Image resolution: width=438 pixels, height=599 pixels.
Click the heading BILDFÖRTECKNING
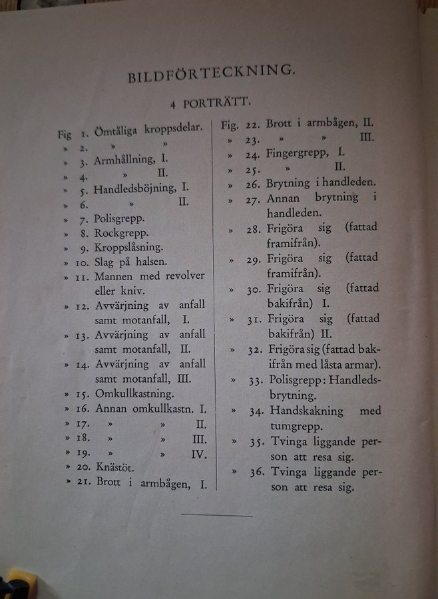pyautogui.click(x=211, y=73)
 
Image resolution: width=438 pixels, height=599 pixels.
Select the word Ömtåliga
pyautogui.click(x=117, y=129)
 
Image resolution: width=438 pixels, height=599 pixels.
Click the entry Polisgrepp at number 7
pyautogui.click(x=119, y=218)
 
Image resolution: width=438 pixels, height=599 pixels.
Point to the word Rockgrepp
pyautogui.click(x=121, y=233)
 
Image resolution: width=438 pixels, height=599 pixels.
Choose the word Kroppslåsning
pyautogui.click(x=128, y=248)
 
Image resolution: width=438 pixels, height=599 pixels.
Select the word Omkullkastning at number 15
pyautogui.click(x=134, y=393)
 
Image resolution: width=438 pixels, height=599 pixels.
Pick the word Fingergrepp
pyautogui.click(x=296, y=153)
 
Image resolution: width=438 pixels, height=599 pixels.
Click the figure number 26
pyautogui.click(x=252, y=184)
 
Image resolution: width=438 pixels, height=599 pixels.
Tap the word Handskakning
pyautogui.click(x=307, y=411)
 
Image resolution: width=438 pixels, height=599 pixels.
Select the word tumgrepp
pyautogui.click(x=296, y=427)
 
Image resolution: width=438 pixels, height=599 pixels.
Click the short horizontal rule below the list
pyautogui.click(x=216, y=515)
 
